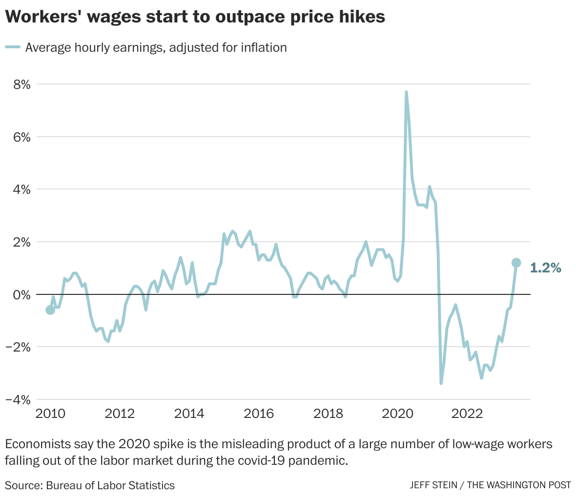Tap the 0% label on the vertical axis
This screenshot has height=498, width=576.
click(20, 294)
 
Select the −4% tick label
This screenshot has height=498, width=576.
click(17, 399)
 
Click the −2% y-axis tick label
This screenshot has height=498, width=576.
click(17, 347)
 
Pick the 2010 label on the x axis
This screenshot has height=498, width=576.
click(51, 414)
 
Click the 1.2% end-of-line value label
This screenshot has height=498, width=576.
click(546, 268)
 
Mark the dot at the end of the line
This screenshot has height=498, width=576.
click(516, 263)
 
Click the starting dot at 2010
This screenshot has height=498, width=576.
click(50, 310)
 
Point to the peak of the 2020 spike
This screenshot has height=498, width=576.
click(406, 92)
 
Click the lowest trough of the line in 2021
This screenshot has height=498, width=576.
click(441, 383)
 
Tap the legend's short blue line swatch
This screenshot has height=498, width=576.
click(13, 47)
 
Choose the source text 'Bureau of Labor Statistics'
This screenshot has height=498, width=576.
click(110, 485)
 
